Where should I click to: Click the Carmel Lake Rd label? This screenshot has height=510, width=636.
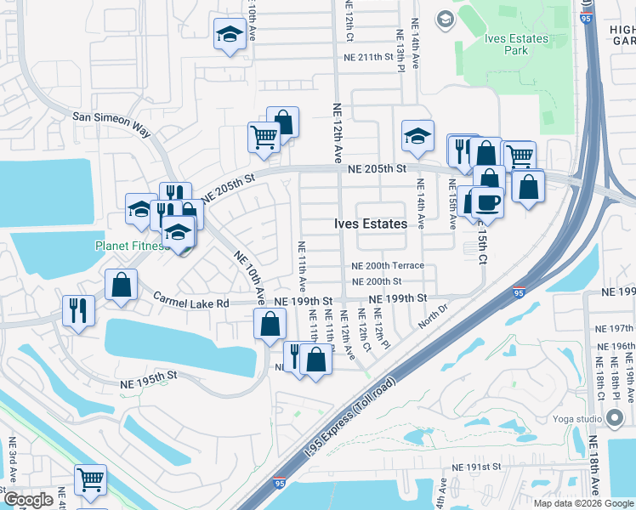coord(191,302)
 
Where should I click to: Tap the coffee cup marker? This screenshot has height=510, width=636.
coord(487,202)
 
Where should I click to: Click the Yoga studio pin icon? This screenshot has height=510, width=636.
coord(615,417)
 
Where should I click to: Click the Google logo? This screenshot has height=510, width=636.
coord(28,500)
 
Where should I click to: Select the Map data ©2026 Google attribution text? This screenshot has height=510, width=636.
coord(583,503)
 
